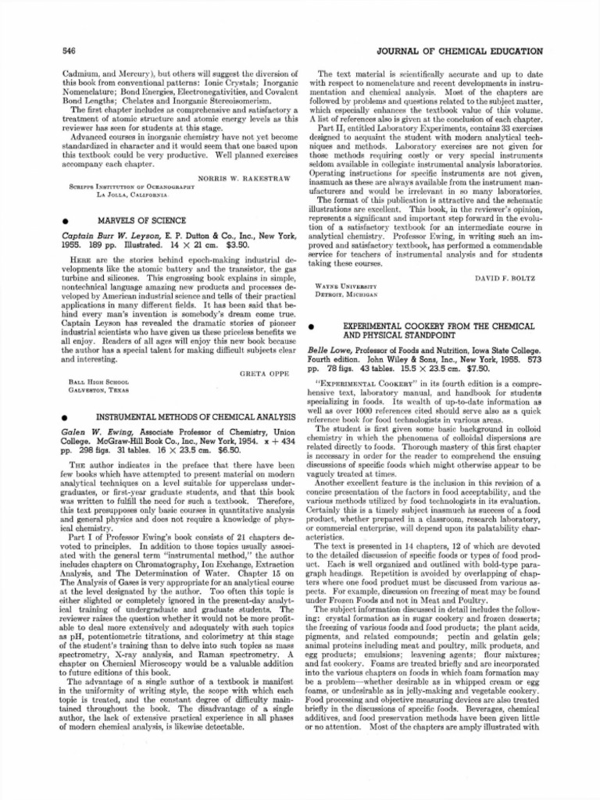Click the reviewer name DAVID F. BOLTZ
509,278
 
